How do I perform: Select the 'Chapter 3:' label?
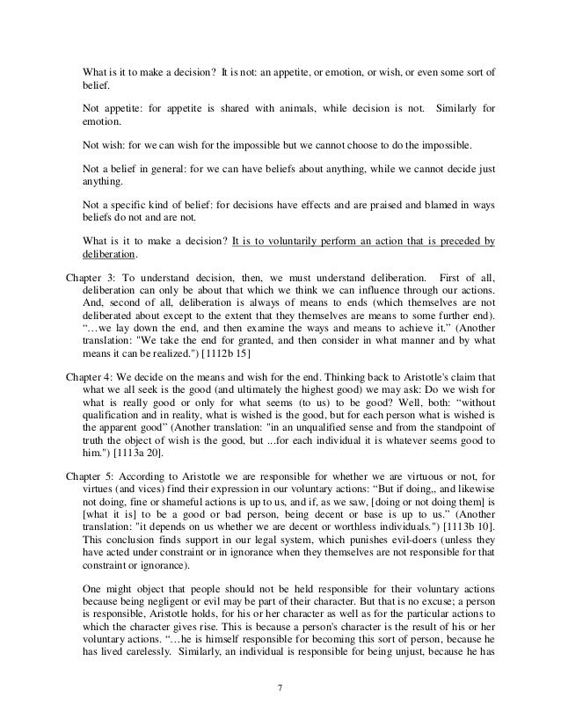(x=89, y=279)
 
